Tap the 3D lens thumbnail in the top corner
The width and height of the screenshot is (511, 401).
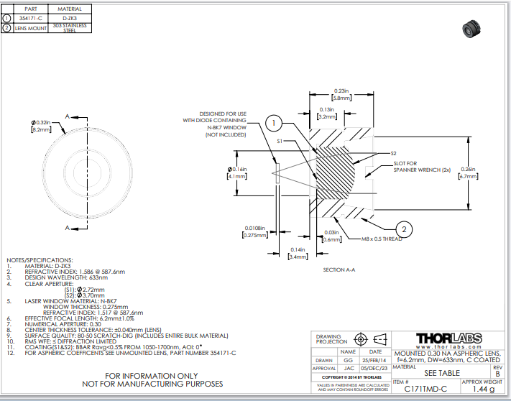coord(471,30)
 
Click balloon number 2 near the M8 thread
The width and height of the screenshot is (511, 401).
coord(405,229)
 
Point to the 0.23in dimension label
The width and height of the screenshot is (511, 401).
coord(341,93)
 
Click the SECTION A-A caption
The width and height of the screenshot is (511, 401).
coord(340,269)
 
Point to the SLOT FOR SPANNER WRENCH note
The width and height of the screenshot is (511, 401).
coord(421,167)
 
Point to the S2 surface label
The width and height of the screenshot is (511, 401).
coord(393,153)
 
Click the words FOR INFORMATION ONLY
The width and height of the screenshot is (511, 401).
coord(152,375)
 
